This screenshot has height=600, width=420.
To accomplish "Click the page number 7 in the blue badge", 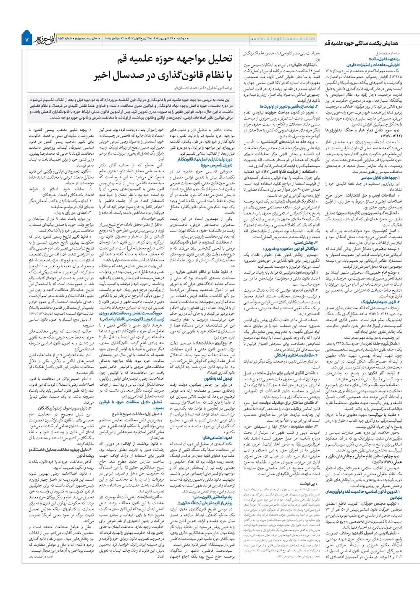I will tap(26, 39).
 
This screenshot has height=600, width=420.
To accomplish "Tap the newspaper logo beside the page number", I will tap(44, 39).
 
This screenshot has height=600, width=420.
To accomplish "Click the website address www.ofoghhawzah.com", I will tap(284, 39).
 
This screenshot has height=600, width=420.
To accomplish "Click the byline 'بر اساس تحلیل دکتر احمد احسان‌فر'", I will tap(203, 89).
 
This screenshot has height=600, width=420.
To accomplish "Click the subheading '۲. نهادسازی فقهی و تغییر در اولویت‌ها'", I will tap(290, 106).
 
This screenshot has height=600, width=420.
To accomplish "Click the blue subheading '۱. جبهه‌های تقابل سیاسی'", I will tap(378, 178).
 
